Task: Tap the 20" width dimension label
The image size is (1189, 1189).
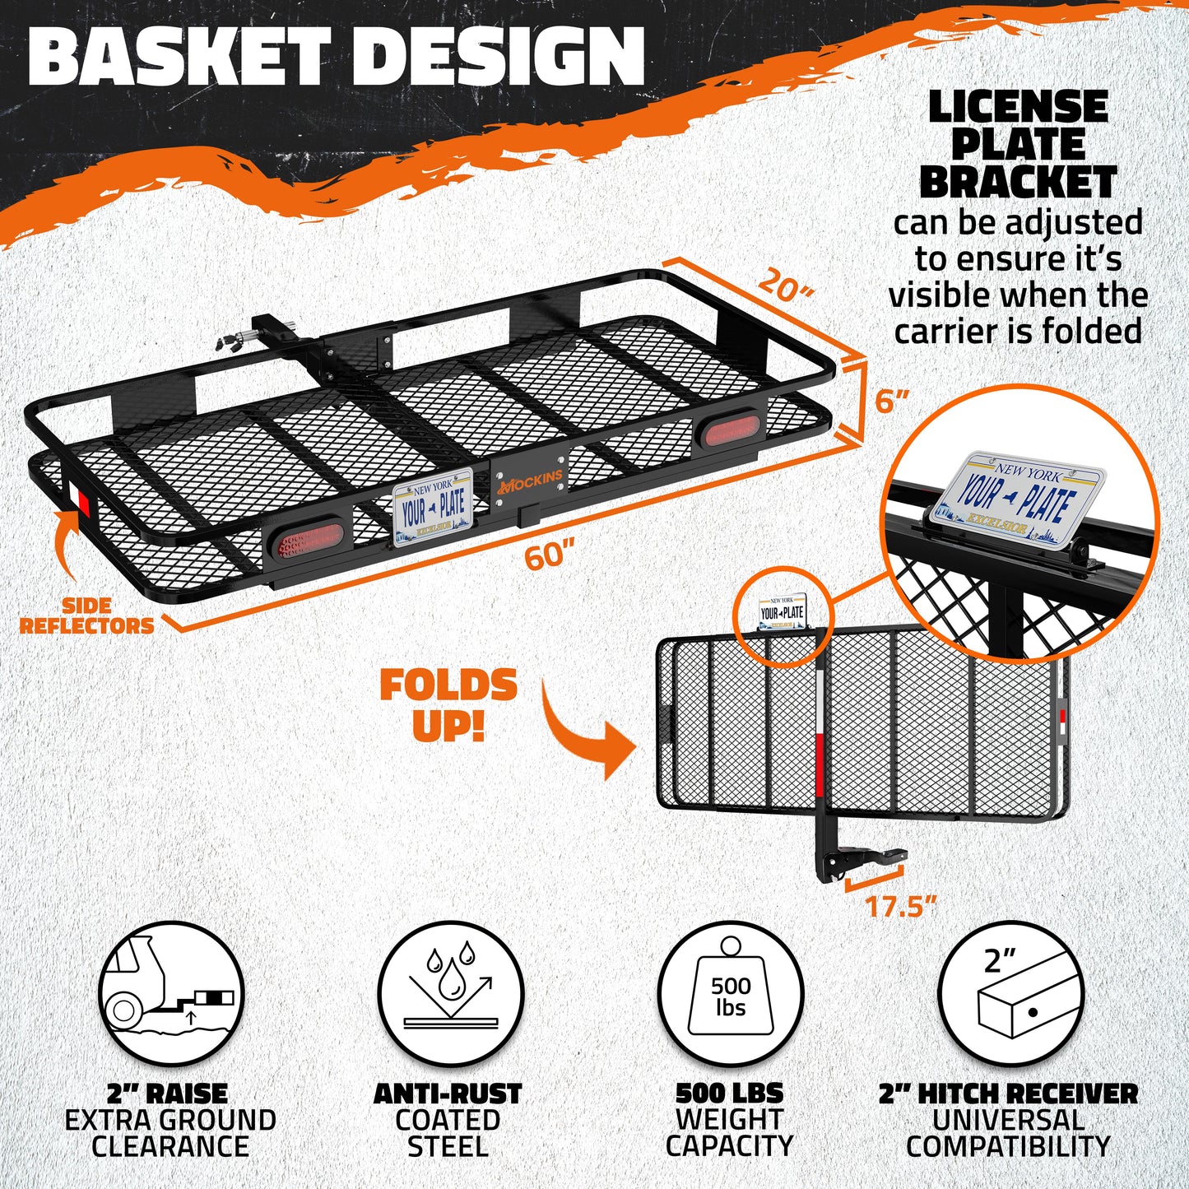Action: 785,285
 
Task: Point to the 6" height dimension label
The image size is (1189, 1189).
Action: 891,402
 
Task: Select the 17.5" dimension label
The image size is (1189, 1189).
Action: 900,907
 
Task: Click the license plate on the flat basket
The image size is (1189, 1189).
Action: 433,508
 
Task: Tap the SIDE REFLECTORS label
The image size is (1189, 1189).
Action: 86,615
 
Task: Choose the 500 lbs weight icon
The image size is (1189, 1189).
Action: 731,993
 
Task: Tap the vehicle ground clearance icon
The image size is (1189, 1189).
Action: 171,993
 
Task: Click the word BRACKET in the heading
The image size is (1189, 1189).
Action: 1018,183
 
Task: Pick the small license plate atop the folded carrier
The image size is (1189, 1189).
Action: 782,612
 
